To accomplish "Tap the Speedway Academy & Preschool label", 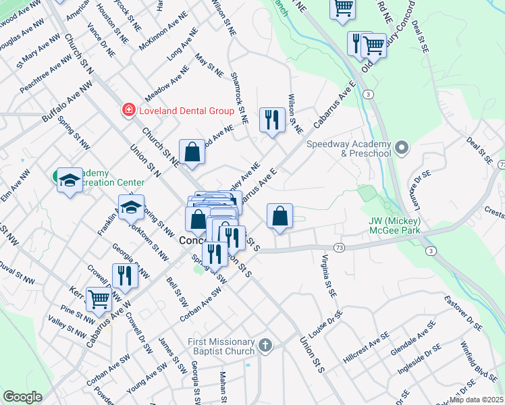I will tap(348, 148).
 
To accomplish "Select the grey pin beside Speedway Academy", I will tap(402, 147).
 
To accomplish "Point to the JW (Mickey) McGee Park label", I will tap(394, 225).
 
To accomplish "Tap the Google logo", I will tap(22, 397).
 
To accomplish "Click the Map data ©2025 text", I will tap(475, 400).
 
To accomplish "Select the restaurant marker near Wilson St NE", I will tap(272, 120).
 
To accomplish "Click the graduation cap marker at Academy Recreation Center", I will tap(70, 180).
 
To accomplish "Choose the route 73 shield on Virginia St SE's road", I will tap(338, 248).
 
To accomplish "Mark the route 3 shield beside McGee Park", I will tap(429, 251).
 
